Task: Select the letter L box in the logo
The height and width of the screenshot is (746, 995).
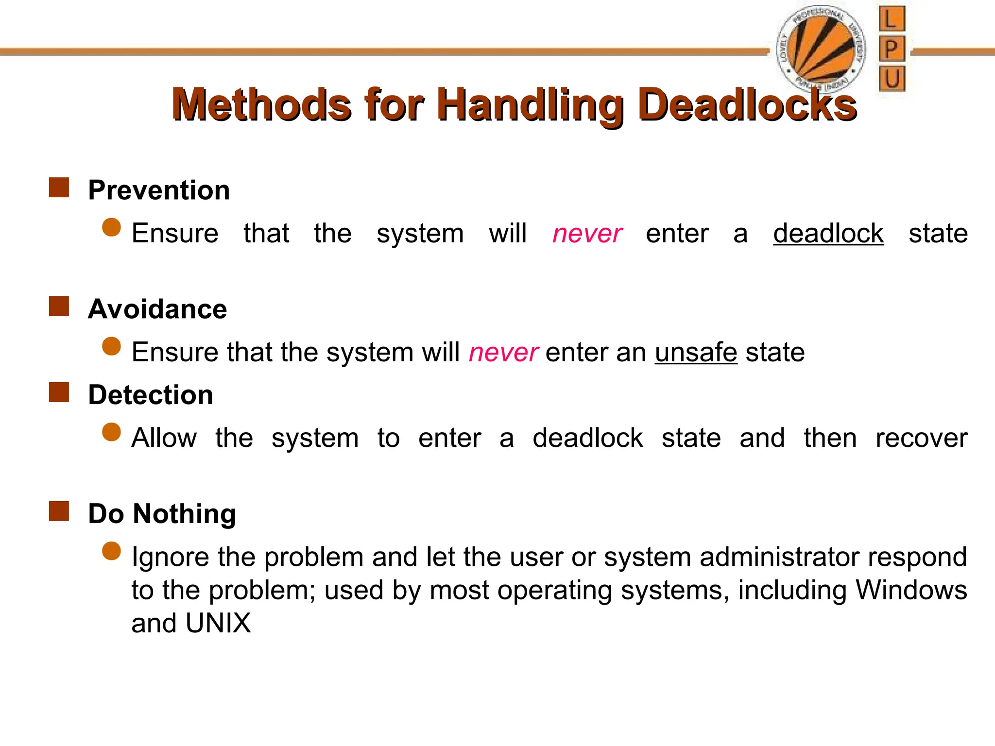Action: point(892,19)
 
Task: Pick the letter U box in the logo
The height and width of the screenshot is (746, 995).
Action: point(892,78)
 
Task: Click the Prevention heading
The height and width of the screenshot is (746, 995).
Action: point(159,190)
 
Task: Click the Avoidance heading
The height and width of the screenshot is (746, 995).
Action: point(157,309)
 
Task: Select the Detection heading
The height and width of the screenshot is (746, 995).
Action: point(151,394)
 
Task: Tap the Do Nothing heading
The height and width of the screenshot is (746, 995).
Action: point(162,513)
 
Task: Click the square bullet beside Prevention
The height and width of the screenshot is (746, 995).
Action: point(59,187)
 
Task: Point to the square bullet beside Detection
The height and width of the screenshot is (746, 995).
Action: point(59,392)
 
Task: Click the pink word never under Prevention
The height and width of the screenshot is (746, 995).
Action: point(587,234)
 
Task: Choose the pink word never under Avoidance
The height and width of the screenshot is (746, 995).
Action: point(503,352)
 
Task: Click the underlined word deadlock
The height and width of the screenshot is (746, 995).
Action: point(828,234)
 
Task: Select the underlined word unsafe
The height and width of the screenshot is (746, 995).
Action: point(696,352)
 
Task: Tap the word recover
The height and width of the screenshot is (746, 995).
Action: point(921,438)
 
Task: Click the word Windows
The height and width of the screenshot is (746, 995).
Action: point(911,590)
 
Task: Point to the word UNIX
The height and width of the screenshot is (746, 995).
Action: point(218,623)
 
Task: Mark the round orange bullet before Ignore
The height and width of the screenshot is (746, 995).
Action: point(112,551)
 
